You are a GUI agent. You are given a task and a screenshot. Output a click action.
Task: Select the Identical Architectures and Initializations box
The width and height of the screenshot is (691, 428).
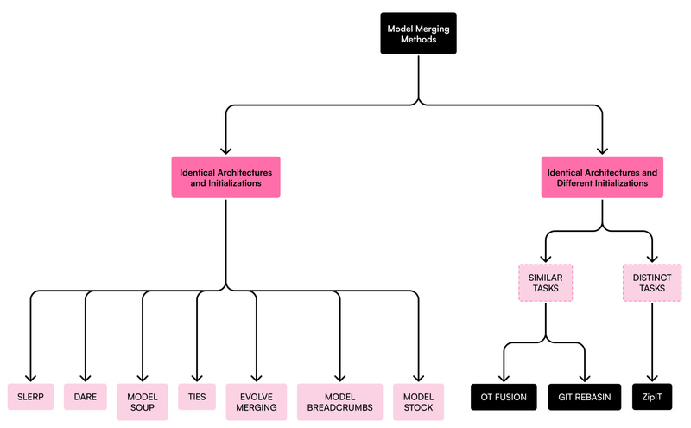(x=225, y=177)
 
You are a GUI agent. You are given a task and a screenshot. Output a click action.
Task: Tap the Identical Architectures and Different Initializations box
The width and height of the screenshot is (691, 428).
(x=602, y=177)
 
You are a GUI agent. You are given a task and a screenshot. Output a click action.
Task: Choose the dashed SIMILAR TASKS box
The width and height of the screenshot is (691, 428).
(x=545, y=282)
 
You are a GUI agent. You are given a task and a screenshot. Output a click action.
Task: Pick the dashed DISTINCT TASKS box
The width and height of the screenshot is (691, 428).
(x=652, y=282)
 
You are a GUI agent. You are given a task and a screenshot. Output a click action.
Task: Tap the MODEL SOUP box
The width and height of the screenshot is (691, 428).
(x=143, y=401)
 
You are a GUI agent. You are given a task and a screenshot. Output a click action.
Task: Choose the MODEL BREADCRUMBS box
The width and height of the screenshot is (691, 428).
(x=339, y=401)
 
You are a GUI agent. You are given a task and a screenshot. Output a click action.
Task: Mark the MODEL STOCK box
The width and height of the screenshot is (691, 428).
(x=418, y=401)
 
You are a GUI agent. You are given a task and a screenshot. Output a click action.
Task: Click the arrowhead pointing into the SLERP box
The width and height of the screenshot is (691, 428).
(x=31, y=377)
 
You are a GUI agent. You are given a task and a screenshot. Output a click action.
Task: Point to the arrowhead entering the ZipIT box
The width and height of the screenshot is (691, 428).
(x=652, y=377)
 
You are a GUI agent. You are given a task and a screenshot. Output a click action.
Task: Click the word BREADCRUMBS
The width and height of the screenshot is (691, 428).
(x=339, y=407)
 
